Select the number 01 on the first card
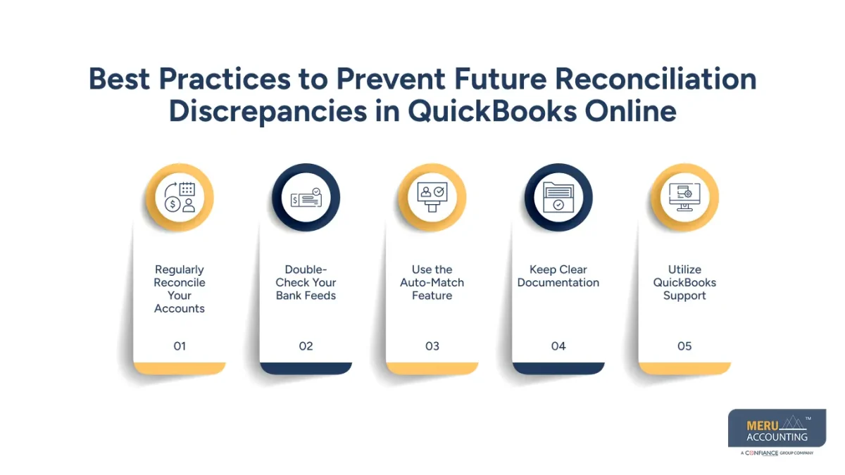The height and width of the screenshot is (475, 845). [x=180, y=346]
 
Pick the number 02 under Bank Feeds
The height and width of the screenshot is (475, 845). [x=306, y=346]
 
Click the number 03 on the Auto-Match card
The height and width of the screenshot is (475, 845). [x=432, y=346]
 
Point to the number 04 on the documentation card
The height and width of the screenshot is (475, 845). [x=558, y=346]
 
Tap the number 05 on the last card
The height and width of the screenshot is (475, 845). [x=684, y=346]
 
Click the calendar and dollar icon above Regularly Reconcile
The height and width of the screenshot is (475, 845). [x=180, y=198]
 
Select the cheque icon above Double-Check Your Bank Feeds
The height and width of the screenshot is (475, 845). [x=306, y=198]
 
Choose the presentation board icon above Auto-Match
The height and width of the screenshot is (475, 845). [x=432, y=198]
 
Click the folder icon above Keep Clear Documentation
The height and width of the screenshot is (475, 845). [x=558, y=198]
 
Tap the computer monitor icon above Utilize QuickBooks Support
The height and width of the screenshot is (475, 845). [x=684, y=198]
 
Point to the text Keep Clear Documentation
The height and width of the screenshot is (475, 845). [x=558, y=276]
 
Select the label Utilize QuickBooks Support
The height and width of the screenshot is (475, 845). [x=684, y=282]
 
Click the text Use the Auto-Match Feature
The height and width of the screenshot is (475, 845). [x=432, y=282]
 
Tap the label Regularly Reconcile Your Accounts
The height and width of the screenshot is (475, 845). [x=180, y=289]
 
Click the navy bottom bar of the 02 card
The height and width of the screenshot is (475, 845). [x=306, y=368]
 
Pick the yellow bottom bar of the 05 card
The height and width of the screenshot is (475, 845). [x=684, y=368]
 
